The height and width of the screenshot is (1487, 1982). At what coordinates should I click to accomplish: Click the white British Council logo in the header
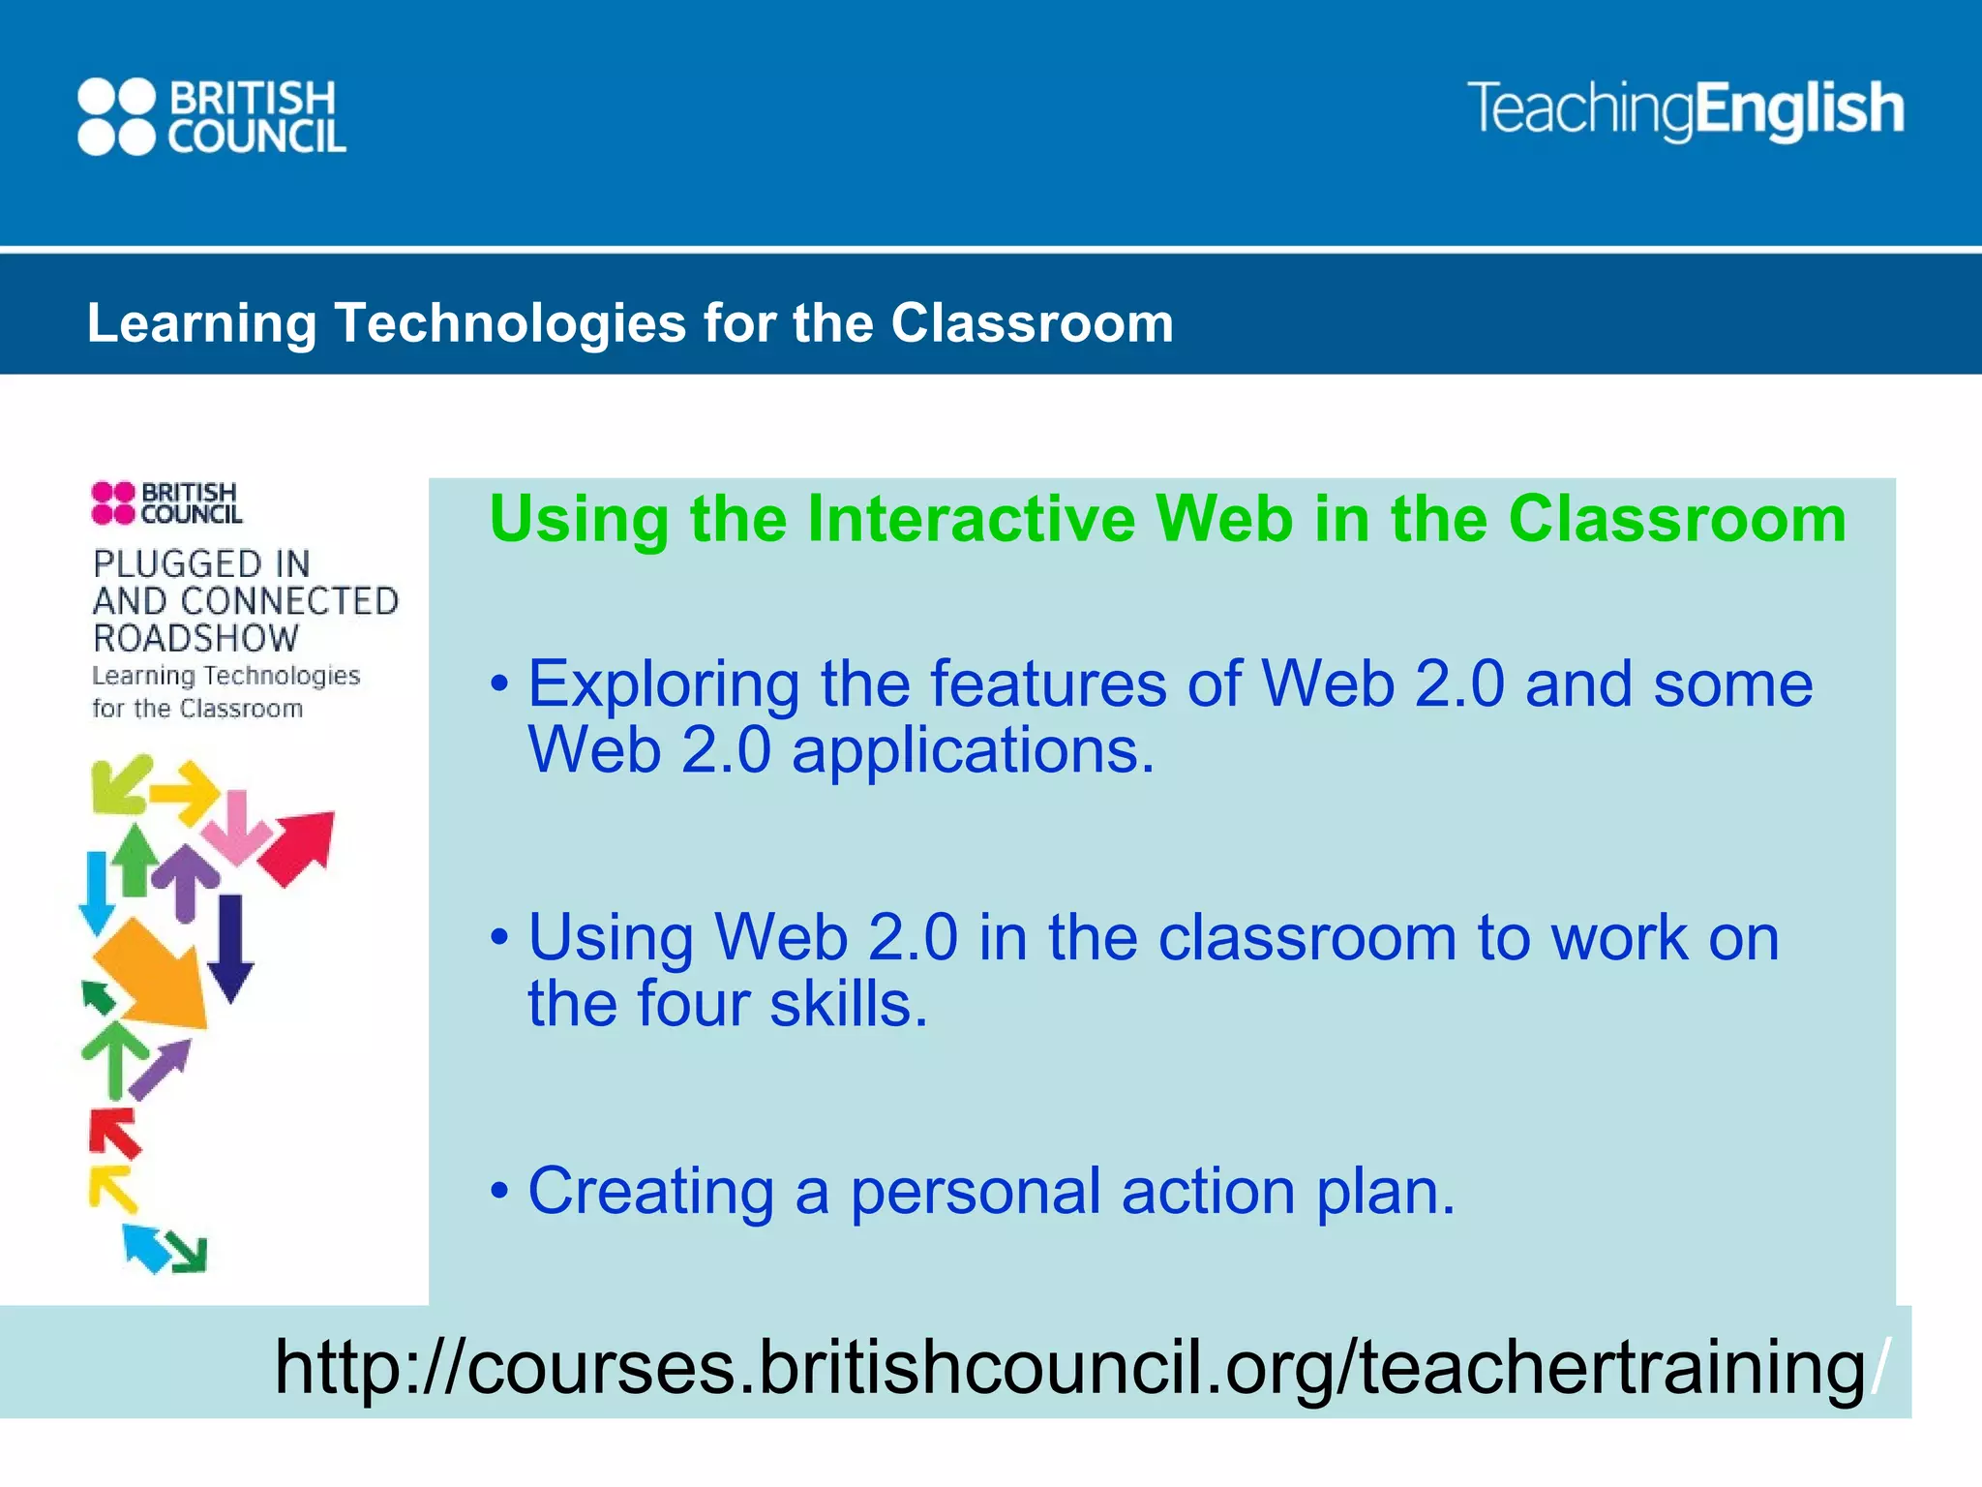point(212,116)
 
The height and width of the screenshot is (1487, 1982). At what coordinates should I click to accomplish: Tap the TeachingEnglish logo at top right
point(1685,109)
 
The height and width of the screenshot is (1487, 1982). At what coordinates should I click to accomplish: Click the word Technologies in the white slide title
point(510,322)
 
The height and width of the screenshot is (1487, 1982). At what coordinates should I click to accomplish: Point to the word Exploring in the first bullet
point(663,685)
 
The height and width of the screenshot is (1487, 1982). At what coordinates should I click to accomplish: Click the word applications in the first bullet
point(973,751)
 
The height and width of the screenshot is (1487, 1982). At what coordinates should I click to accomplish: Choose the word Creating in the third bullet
point(650,1191)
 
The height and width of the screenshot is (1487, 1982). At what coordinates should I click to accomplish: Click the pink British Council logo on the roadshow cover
point(166,503)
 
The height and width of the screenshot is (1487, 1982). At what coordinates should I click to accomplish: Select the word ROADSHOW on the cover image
point(196,639)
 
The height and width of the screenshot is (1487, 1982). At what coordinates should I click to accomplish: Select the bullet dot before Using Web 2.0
point(499,937)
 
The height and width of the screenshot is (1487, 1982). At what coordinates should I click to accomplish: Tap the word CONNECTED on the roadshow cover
point(289,601)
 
